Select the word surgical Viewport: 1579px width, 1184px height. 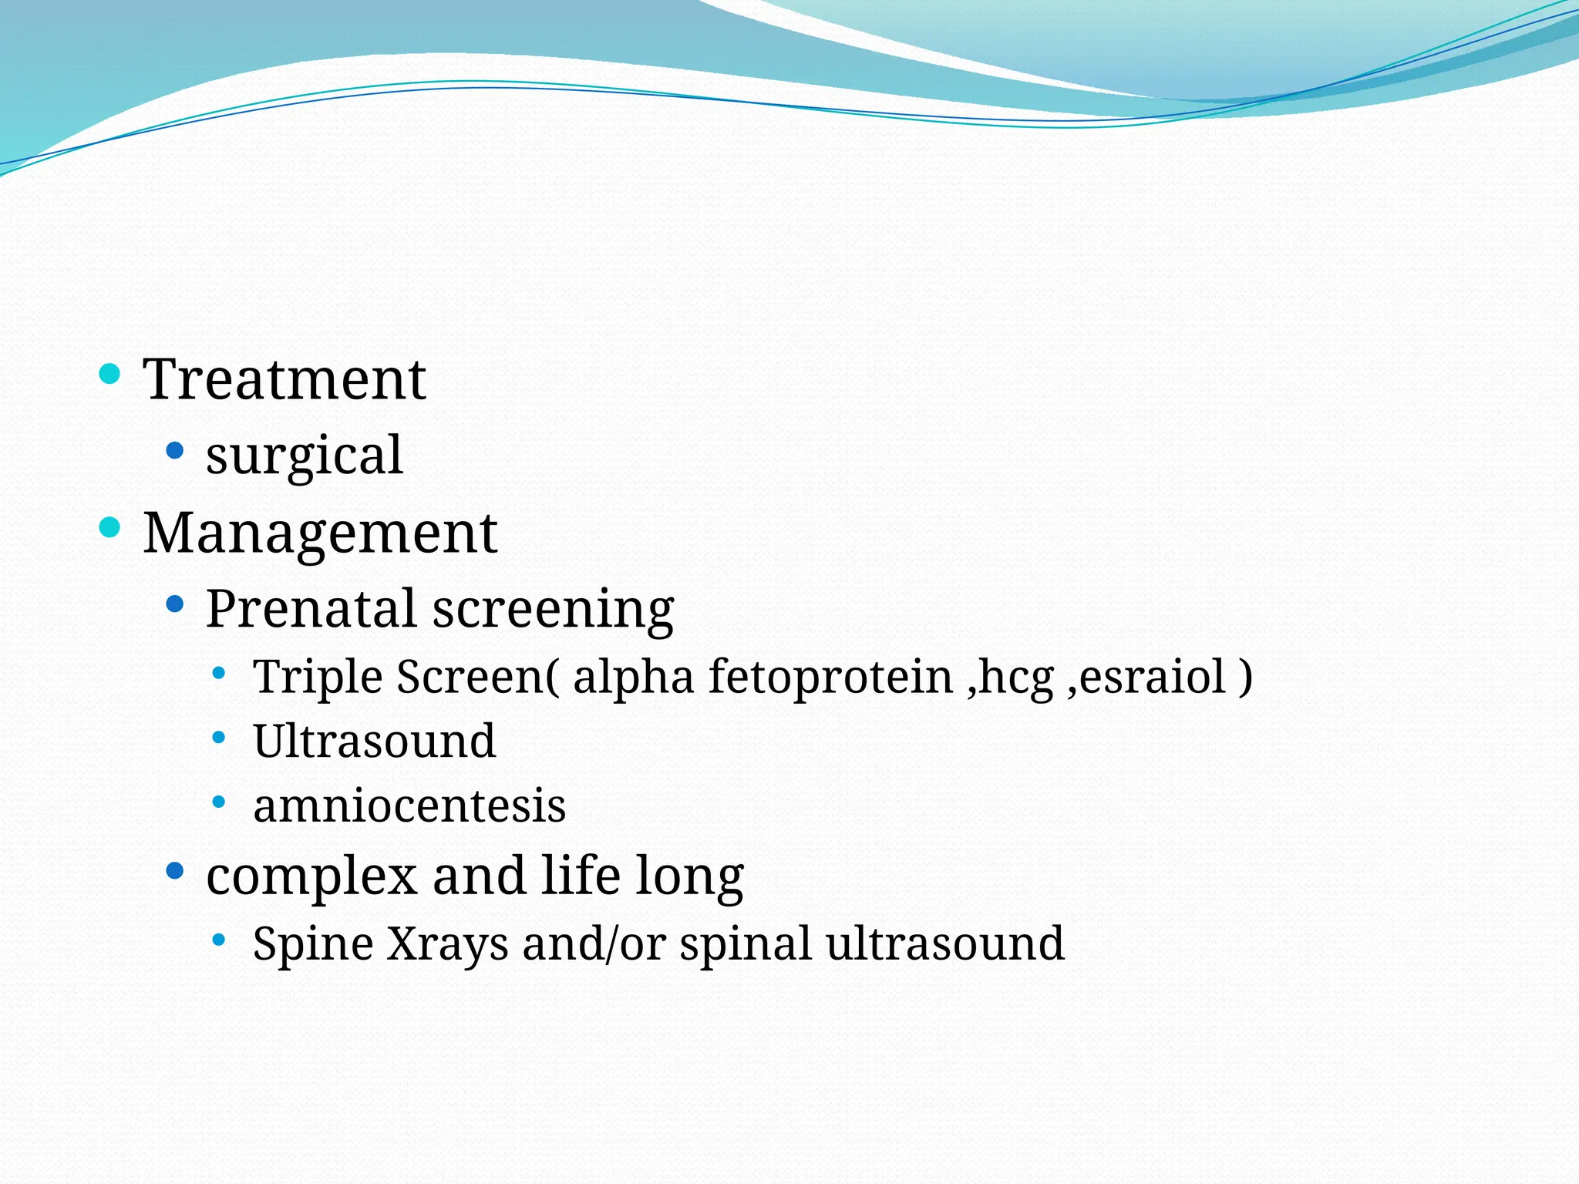coord(304,455)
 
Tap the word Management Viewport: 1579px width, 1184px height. coord(320,533)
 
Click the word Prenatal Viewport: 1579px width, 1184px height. coord(311,608)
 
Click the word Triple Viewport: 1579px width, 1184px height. coord(318,677)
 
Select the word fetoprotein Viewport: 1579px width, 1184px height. coord(830,677)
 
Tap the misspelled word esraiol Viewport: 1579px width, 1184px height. coord(1152,677)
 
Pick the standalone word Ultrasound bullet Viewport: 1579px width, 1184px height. coord(374,741)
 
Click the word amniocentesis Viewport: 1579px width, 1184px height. coord(409,806)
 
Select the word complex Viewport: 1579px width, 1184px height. coord(311,877)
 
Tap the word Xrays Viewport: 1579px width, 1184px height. coord(447,943)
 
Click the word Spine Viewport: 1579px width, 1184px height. coord(313,943)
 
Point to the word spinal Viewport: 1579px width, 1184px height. coord(745,943)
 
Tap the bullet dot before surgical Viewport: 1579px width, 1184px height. coord(175,449)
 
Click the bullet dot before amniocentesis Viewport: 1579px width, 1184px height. coord(219,802)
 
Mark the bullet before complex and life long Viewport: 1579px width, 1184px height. coord(175,871)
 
